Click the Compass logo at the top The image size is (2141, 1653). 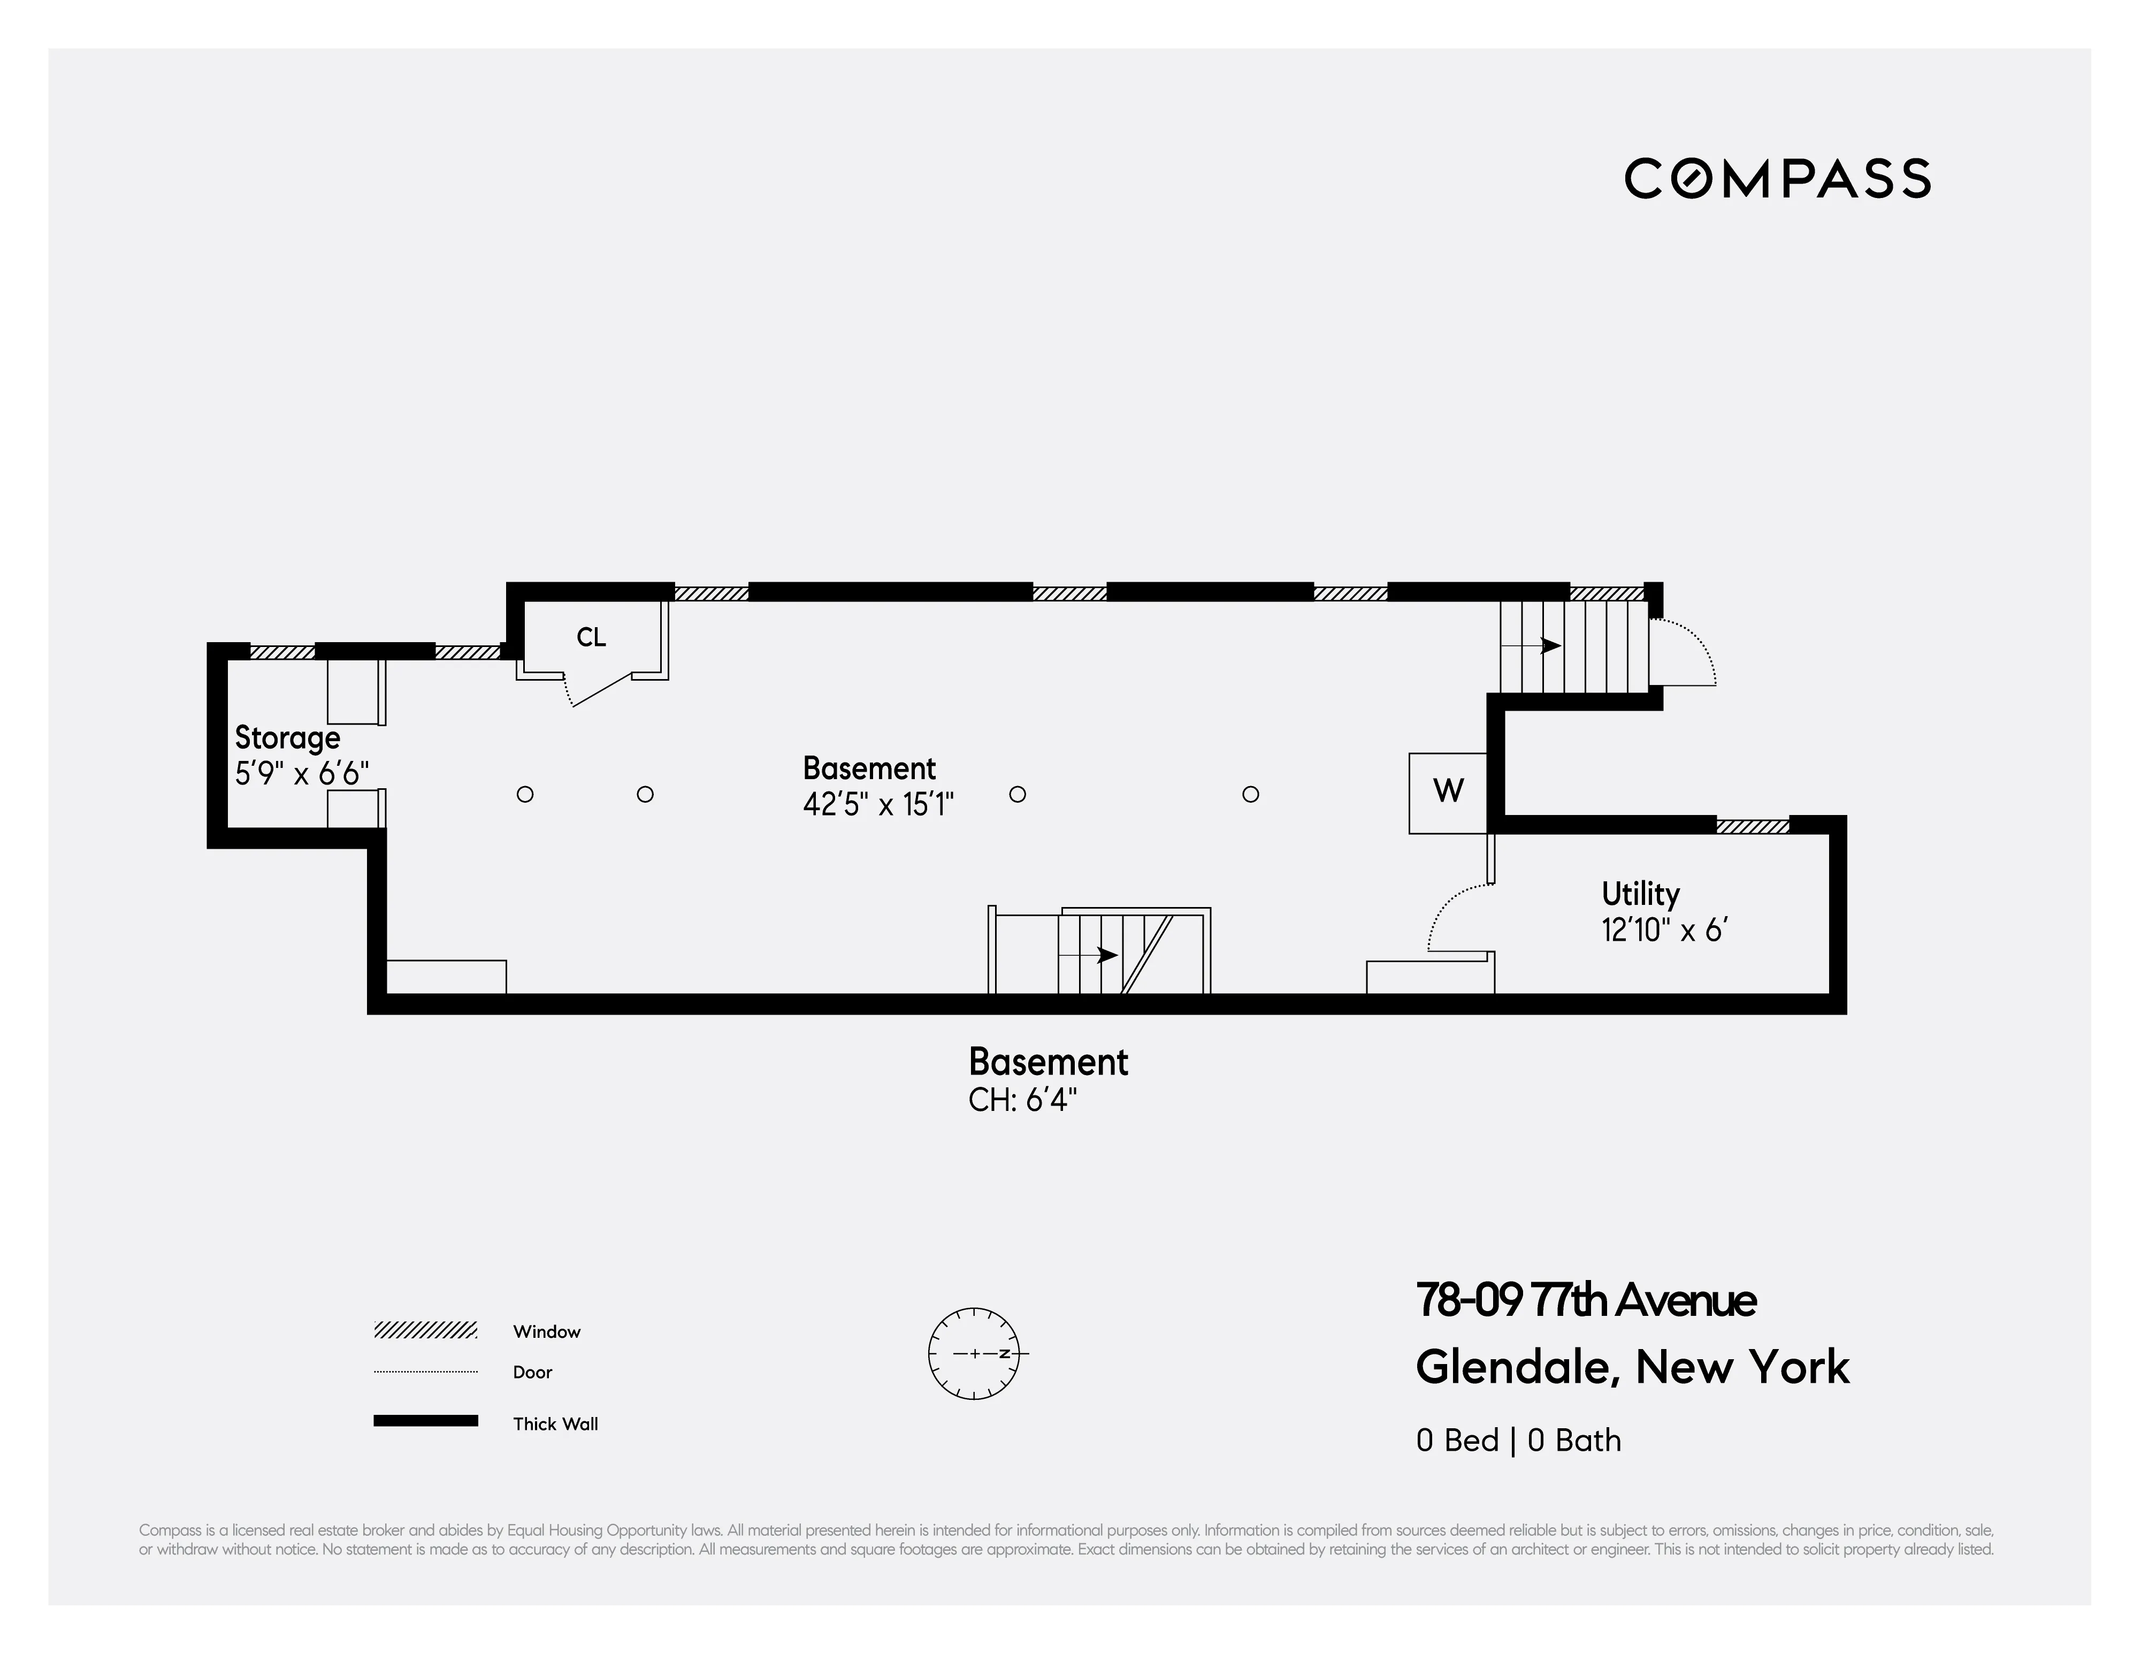coord(1776,178)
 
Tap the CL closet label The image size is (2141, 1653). coord(591,637)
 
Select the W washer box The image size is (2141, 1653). coord(1448,791)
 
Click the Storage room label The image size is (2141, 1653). coord(287,737)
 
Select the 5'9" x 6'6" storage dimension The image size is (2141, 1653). coord(302,774)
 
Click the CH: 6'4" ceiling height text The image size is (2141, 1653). coord(1022,1100)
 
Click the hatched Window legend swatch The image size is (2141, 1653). coord(425,1330)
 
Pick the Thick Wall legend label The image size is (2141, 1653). coord(555,1423)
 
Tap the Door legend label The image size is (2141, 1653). coord(532,1372)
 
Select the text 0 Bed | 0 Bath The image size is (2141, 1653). coord(1518,1440)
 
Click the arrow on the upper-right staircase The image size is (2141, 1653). coord(1549,645)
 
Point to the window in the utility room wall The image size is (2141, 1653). coord(1752,826)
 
